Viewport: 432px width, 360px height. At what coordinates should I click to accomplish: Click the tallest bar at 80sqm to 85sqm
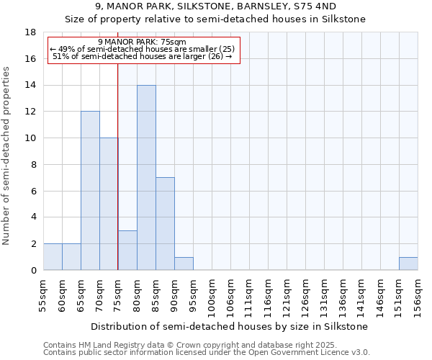[146, 178]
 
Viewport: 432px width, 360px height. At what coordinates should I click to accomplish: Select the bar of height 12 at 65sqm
[90, 191]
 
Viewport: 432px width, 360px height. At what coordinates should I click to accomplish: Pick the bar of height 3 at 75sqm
[127, 250]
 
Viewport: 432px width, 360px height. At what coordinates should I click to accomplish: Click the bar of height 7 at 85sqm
[165, 224]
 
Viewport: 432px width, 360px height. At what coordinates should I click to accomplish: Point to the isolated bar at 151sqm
[408, 264]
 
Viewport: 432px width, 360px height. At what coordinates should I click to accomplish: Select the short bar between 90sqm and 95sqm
[184, 264]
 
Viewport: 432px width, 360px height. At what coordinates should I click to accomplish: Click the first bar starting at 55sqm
[53, 257]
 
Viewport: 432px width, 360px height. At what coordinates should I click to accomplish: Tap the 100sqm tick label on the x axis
[212, 296]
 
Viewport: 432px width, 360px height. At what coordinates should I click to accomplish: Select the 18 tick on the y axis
[31, 32]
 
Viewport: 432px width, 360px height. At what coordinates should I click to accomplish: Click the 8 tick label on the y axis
[33, 164]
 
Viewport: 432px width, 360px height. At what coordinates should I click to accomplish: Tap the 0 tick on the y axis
[33, 270]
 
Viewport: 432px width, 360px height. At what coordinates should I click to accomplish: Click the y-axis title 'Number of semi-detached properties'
[7, 156]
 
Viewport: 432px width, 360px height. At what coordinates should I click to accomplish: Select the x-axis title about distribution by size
[230, 326]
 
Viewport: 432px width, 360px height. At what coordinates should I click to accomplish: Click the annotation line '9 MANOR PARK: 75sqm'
[142, 42]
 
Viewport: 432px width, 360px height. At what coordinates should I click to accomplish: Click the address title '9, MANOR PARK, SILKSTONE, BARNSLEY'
[215, 6]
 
